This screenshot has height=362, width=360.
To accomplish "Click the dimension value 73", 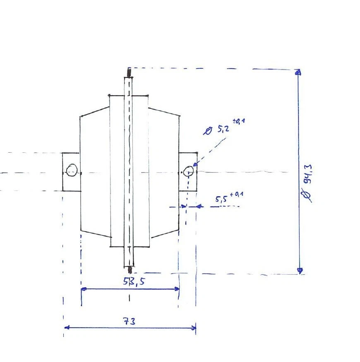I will click(130, 321).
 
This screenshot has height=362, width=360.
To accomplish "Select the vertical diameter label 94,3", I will click(308, 175).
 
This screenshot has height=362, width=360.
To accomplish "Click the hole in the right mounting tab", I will click(188, 171).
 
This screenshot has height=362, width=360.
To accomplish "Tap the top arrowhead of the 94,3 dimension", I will click(298, 73).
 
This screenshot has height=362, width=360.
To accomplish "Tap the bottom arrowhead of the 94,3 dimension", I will click(300, 270).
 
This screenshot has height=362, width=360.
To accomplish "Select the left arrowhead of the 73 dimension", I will click(67, 327).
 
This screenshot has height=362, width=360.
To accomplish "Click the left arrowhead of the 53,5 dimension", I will click(84, 289).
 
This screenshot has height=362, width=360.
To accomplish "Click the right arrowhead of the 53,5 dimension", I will click(177, 289).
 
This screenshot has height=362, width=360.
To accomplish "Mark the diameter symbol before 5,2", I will click(208, 131).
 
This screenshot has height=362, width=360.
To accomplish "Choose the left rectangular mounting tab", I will click(71, 172).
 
